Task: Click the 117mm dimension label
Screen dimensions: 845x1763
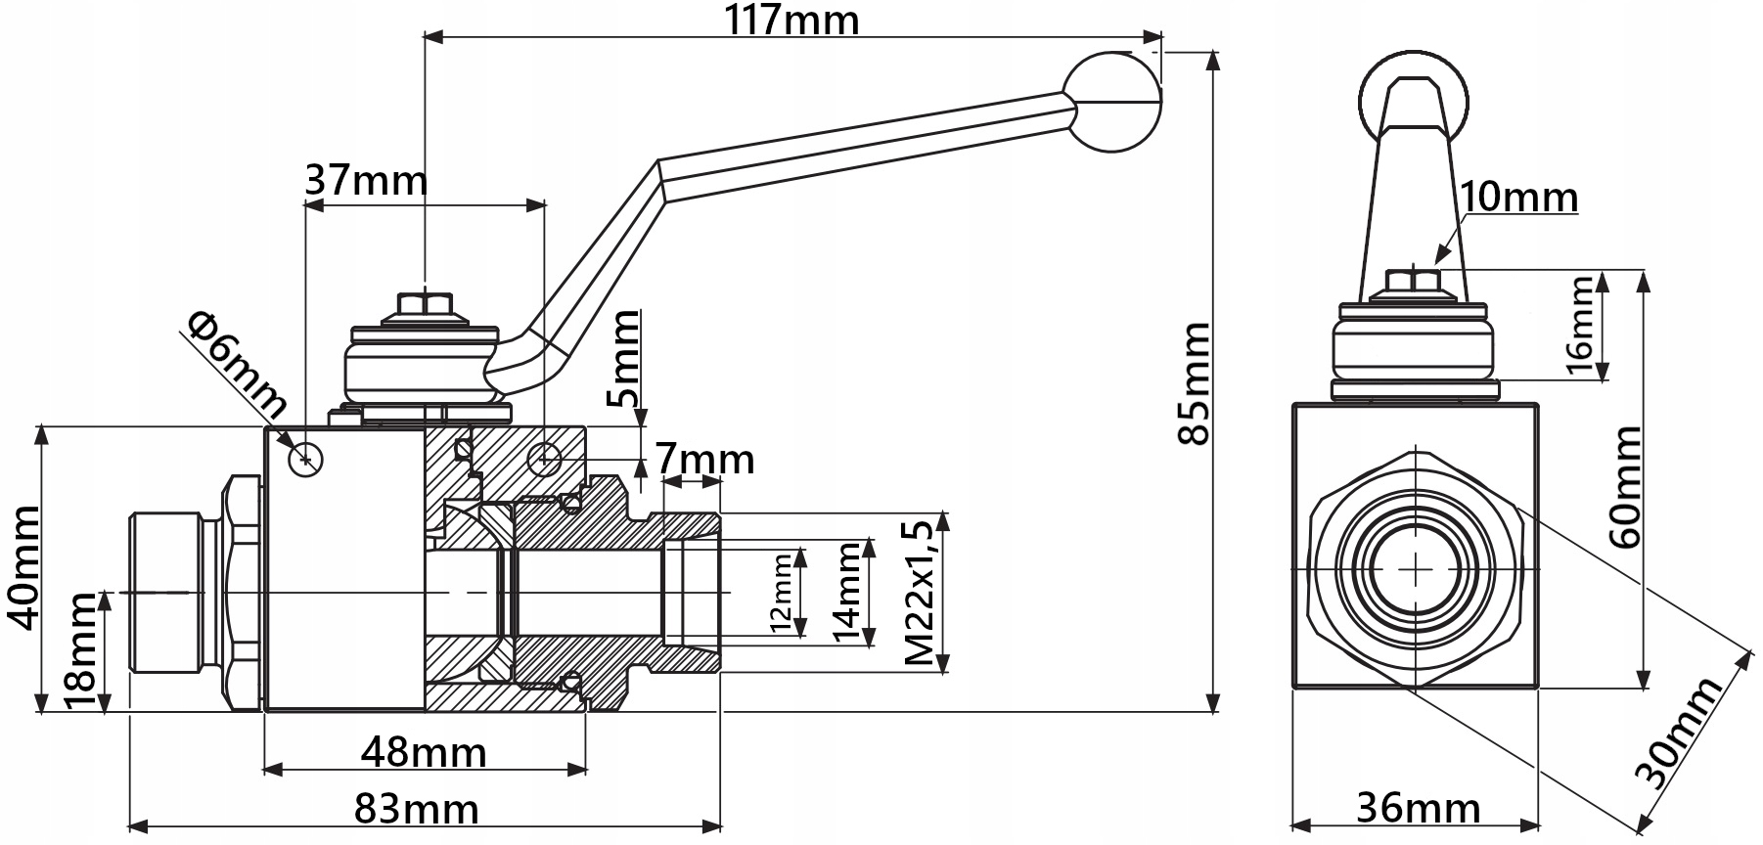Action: point(791,20)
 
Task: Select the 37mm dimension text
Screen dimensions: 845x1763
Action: point(366,181)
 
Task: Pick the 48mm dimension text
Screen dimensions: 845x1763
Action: point(424,752)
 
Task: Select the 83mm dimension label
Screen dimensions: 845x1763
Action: point(417,810)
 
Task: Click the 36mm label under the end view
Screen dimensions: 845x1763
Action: point(1418,809)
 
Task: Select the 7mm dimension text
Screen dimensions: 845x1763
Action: point(704,459)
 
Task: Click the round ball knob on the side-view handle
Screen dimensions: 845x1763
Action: point(1112,102)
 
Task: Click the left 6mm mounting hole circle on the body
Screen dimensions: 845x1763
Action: point(306,458)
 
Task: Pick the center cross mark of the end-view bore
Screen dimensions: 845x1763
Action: point(1415,568)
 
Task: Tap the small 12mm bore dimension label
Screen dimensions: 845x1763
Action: point(780,592)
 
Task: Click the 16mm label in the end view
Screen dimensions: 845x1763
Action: point(1577,326)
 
